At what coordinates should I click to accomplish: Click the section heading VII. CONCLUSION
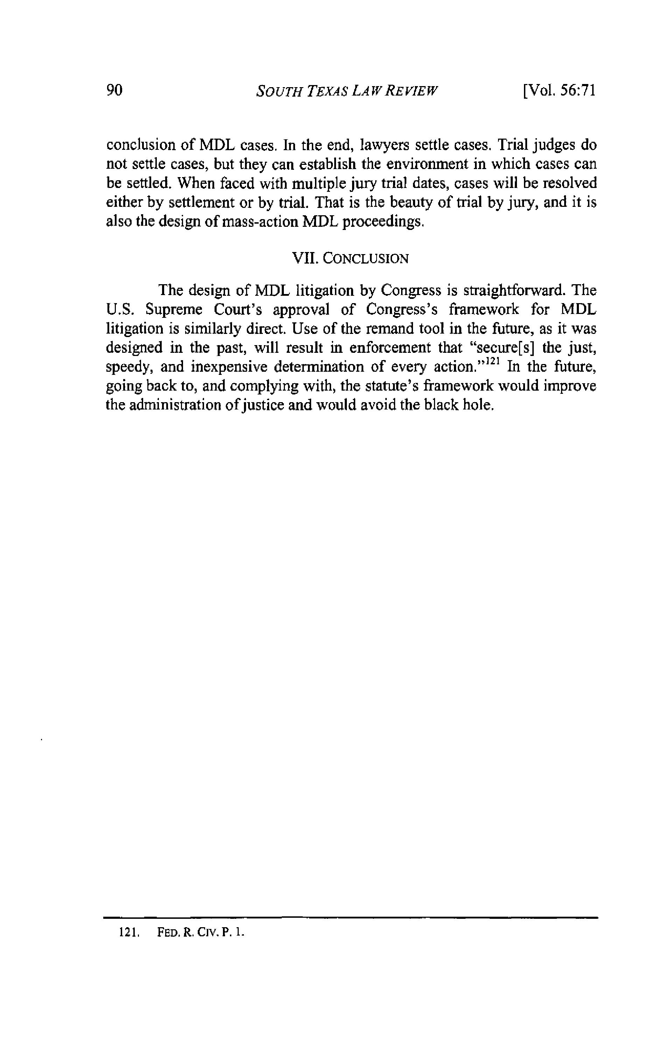click(x=350, y=258)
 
